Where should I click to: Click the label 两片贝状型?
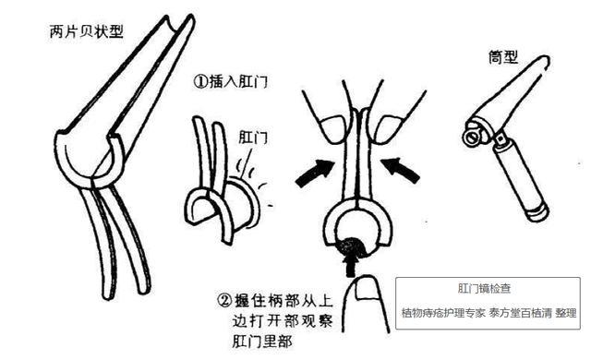point(87,31)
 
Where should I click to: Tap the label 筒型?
point(502,57)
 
